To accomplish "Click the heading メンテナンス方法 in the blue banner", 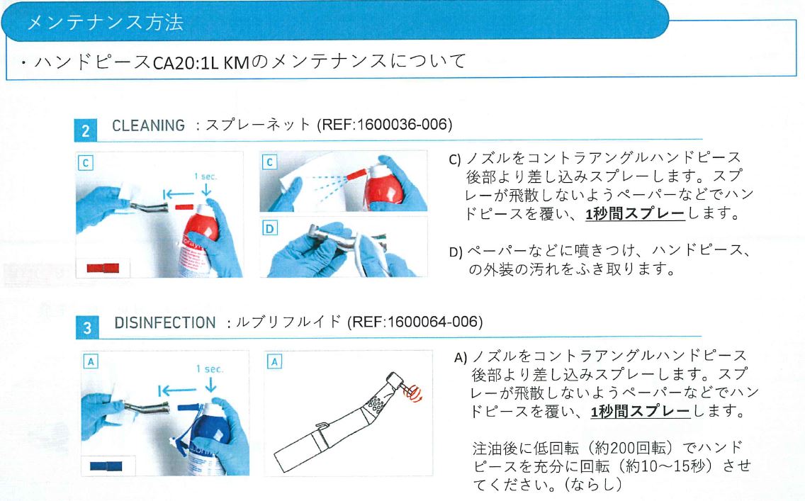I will (x=105, y=22).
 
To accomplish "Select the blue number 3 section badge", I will (x=86, y=327).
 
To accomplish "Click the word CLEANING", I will (x=148, y=125).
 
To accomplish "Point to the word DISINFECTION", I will (x=164, y=323).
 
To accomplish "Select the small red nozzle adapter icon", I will (x=103, y=269).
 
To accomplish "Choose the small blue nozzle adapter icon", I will (x=106, y=466).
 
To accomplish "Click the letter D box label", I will (x=269, y=228).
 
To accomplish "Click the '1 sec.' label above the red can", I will (x=206, y=175).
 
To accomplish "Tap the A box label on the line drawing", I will (x=274, y=361).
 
